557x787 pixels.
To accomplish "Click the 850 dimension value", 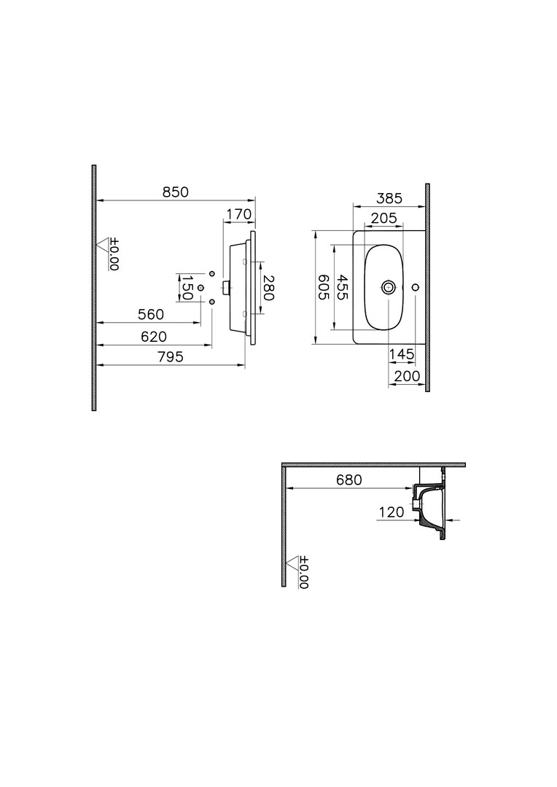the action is [175, 192].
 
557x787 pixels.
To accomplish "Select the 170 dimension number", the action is [238, 214].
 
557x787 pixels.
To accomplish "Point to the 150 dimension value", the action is [187, 288].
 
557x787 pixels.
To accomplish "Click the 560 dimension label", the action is [151, 314].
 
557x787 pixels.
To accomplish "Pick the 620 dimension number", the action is [154, 336].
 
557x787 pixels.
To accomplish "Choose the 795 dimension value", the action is [171, 357].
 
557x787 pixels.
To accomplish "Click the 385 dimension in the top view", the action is [390, 198].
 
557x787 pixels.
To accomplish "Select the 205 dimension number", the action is [383, 219].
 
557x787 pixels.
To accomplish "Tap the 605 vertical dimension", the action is [324, 288].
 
